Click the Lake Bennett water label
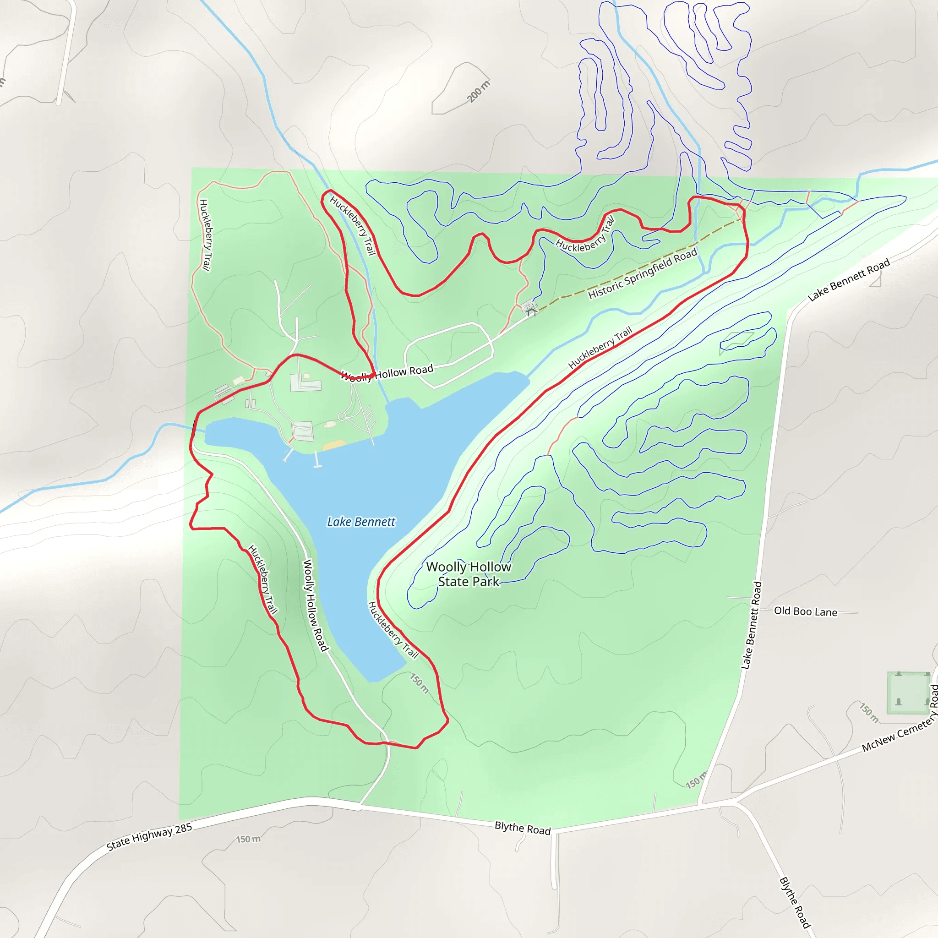coord(361,522)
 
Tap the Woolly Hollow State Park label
coord(469,574)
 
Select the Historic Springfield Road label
coord(642,274)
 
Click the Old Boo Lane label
coord(806,611)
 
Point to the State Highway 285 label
coord(149,837)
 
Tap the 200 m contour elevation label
coord(479,91)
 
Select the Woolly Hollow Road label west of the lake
coord(316,605)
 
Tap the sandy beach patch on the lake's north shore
coord(333,444)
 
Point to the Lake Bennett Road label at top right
coord(849,280)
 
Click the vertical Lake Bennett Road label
coord(752,625)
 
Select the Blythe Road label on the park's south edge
coord(523,828)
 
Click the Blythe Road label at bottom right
coord(795,902)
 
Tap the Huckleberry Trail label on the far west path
coord(205,235)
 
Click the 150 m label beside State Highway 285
coord(248,839)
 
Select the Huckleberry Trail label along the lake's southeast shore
coord(393,630)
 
